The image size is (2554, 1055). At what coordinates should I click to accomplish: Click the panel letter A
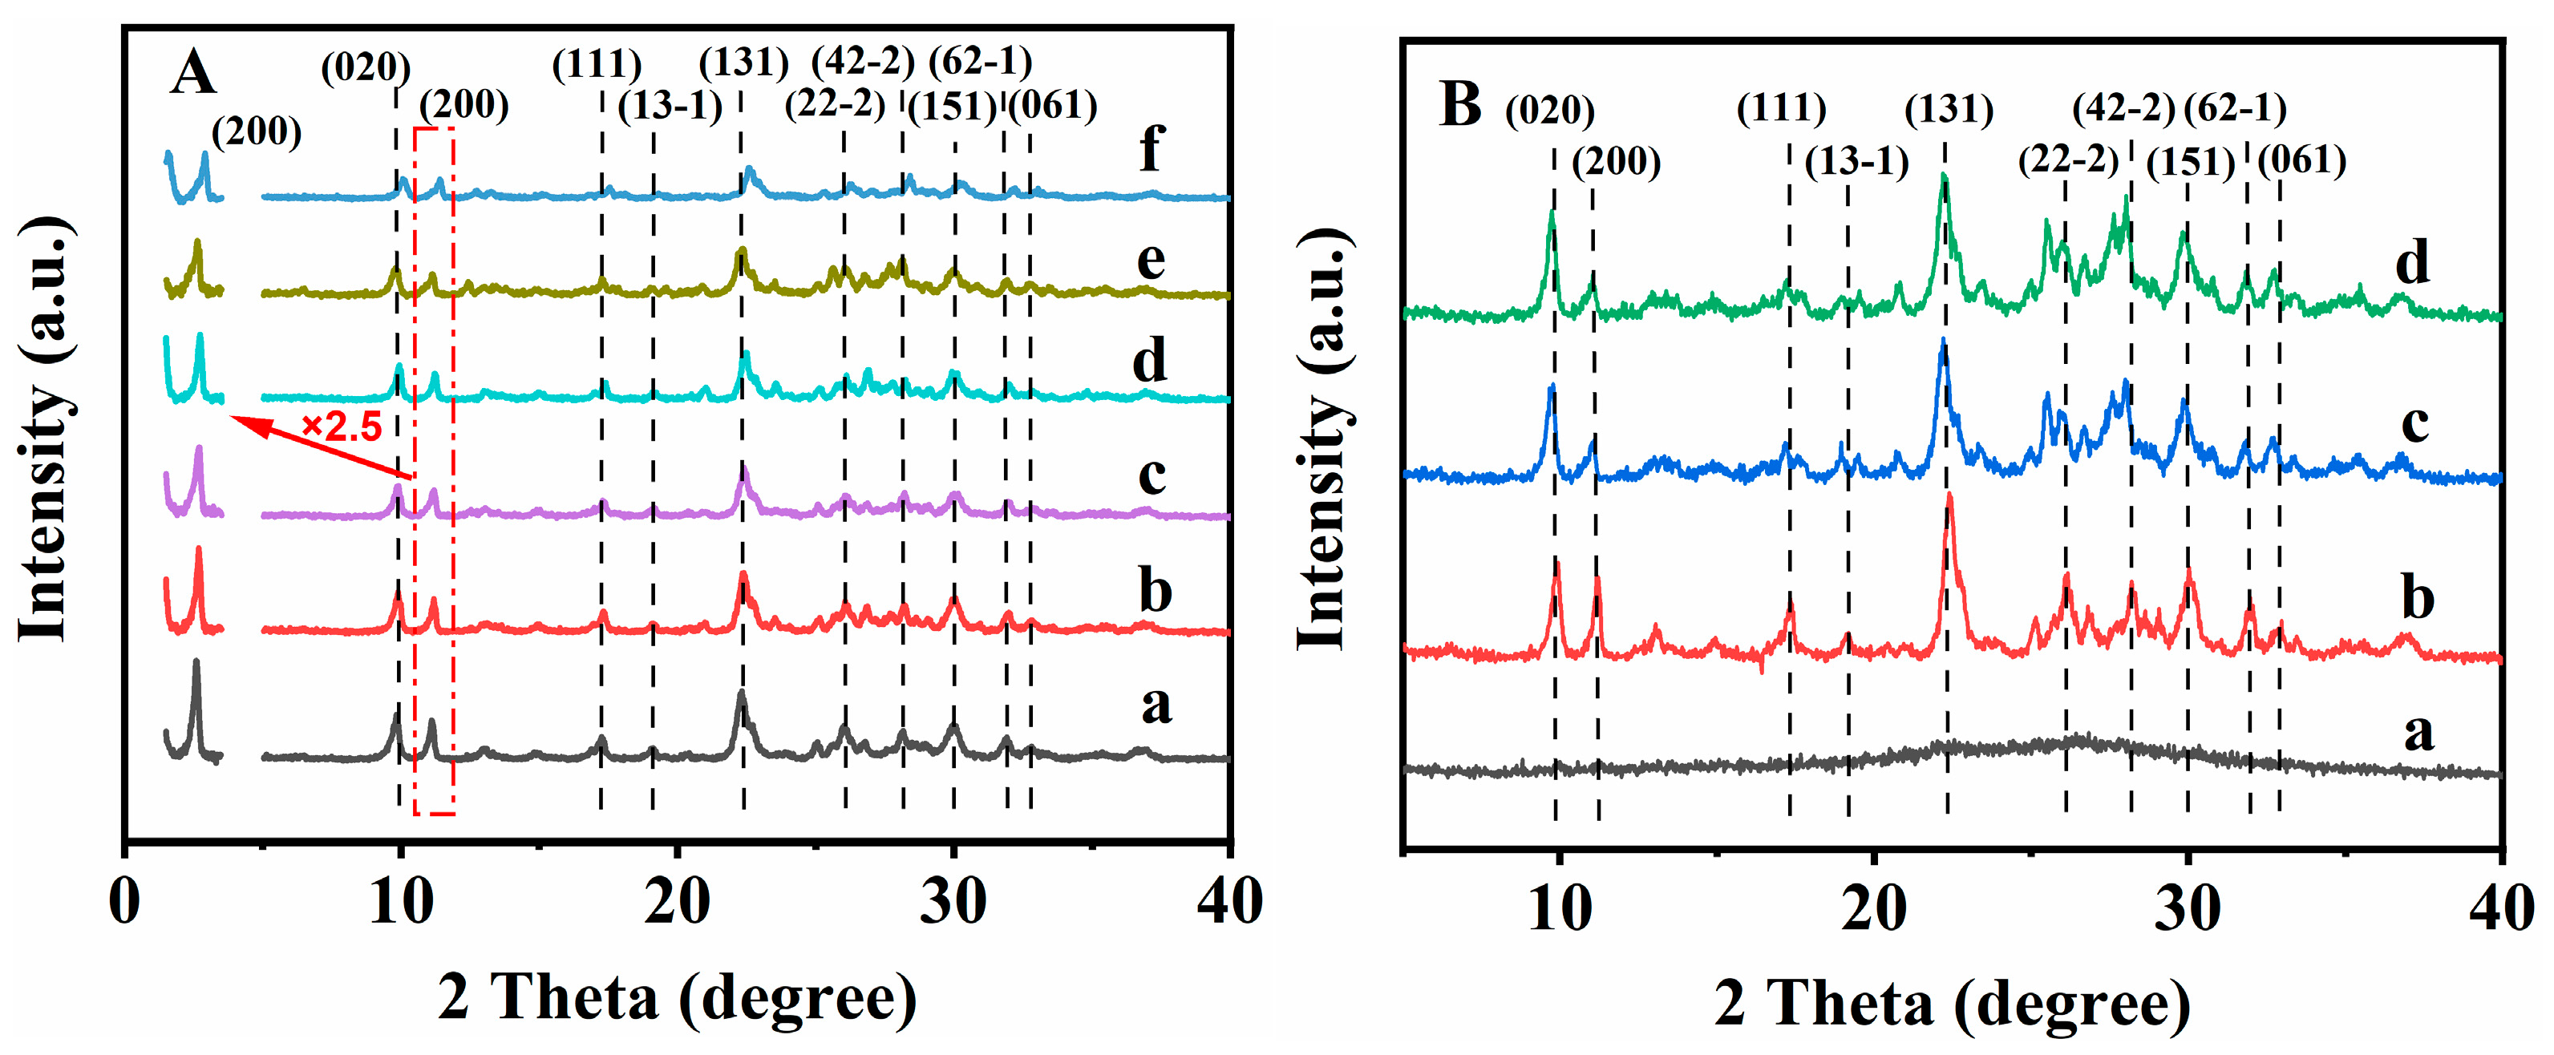tap(192, 74)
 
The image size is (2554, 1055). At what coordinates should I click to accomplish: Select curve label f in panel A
tap(1150, 151)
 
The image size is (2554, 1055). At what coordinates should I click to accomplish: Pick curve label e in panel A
tap(1150, 261)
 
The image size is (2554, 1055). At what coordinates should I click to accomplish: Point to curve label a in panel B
tap(2419, 733)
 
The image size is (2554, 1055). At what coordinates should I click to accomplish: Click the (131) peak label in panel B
tap(1949, 109)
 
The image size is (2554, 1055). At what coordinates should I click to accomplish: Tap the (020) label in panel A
tap(365, 68)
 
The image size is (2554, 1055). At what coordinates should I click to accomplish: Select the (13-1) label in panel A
tap(670, 106)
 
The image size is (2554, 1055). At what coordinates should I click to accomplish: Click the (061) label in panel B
tap(2301, 160)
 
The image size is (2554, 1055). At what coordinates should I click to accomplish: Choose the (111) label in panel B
tap(1781, 108)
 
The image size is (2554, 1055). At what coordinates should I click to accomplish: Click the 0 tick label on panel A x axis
tap(125, 903)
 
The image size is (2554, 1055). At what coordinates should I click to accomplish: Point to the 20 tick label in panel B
tap(1873, 908)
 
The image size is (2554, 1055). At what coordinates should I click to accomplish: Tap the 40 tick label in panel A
tap(1229, 903)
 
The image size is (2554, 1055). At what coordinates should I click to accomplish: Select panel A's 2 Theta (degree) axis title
tap(677, 997)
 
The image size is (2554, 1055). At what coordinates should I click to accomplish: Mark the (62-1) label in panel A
tap(980, 62)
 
